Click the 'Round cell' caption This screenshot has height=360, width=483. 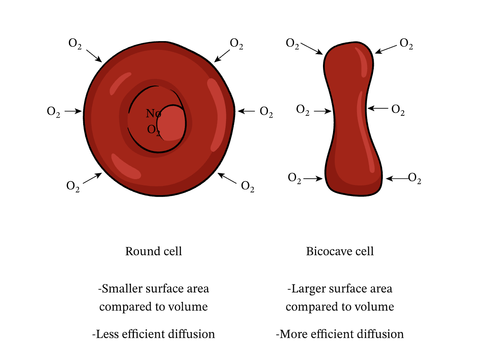tap(153, 251)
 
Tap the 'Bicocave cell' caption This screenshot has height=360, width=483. tap(340, 251)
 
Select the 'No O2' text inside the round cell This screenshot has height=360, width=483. tap(154, 121)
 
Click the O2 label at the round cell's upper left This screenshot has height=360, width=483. tap(75, 44)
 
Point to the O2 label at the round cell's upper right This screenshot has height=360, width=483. tap(236, 44)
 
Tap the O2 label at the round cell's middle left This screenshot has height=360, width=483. tap(53, 112)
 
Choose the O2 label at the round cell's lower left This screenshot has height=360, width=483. tap(73, 186)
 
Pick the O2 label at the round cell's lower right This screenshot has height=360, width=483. tap(248, 186)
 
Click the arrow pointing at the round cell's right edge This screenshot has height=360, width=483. tap(246, 111)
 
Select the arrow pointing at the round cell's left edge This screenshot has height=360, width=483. tap(73, 111)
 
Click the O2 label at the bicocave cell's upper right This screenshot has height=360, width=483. tap(406, 44)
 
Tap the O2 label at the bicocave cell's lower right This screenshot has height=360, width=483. tap(415, 178)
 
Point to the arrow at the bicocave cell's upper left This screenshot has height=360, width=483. tap(311, 48)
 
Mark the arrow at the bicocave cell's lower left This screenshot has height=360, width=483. tap(313, 178)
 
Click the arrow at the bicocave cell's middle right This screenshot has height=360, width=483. tap(378, 108)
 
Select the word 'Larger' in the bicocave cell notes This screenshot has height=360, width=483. tap(306, 289)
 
